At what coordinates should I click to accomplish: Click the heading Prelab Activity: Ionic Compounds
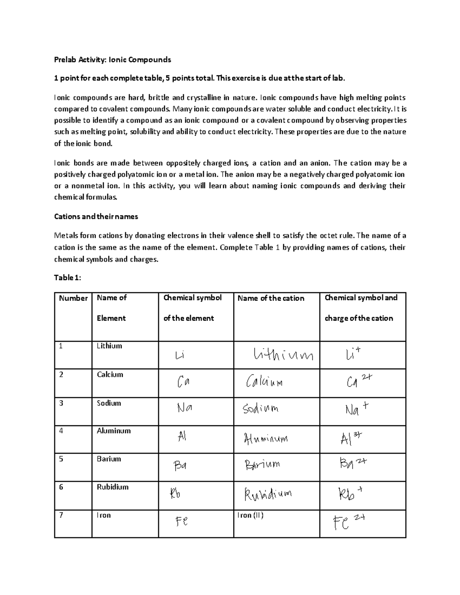(x=112, y=59)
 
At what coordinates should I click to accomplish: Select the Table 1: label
(x=67, y=278)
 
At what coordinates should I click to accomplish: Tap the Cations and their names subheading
(x=96, y=216)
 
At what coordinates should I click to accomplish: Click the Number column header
(x=73, y=298)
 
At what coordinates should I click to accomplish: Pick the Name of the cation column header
(x=271, y=298)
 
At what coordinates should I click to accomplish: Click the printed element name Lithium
(x=109, y=346)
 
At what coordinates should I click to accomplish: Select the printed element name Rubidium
(x=112, y=487)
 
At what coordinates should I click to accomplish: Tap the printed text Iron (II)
(x=250, y=515)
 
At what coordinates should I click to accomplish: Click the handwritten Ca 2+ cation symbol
(x=359, y=381)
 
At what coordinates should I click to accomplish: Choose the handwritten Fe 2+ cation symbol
(x=348, y=522)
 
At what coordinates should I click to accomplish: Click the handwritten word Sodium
(x=261, y=409)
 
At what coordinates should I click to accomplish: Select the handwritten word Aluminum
(x=266, y=438)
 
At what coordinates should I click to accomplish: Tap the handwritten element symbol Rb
(x=175, y=493)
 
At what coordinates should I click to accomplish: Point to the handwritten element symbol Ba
(x=180, y=466)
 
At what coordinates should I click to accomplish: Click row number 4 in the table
(x=61, y=431)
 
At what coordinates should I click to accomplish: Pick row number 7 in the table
(x=61, y=515)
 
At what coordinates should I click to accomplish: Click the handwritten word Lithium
(x=283, y=355)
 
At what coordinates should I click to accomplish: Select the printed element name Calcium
(x=110, y=374)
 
